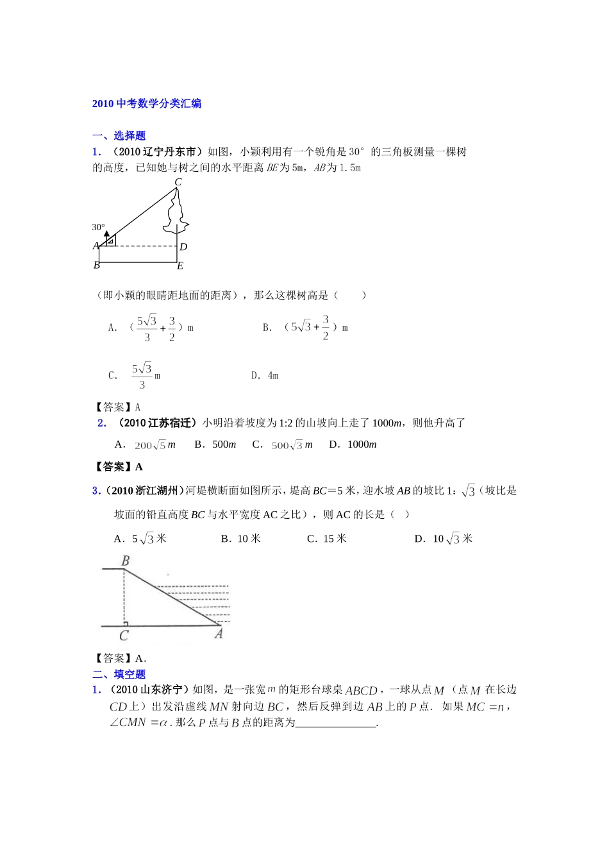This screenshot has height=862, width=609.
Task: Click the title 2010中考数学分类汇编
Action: point(147,103)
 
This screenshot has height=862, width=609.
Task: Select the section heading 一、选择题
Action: point(119,135)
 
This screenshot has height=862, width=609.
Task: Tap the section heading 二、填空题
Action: point(119,674)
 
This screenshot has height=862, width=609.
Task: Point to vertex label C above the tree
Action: point(178,182)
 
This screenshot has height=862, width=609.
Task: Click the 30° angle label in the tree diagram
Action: point(98,227)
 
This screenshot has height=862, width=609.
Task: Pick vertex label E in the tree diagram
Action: point(180,266)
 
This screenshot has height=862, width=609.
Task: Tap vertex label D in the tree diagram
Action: point(183,247)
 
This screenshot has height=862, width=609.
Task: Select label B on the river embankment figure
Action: point(126,561)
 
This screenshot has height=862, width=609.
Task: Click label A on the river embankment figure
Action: point(219,634)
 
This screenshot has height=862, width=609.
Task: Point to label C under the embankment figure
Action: point(124,636)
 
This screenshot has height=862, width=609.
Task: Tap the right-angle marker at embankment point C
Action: point(126,623)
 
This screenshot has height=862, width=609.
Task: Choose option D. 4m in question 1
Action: point(265,375)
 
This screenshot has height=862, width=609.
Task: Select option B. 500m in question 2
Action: point(215,444)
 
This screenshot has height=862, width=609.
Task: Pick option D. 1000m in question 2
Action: point(353,444)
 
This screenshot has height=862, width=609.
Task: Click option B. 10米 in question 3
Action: point(241,539)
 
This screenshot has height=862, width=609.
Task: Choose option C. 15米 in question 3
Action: point(327,539)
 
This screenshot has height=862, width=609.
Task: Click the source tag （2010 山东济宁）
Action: point(149,689)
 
